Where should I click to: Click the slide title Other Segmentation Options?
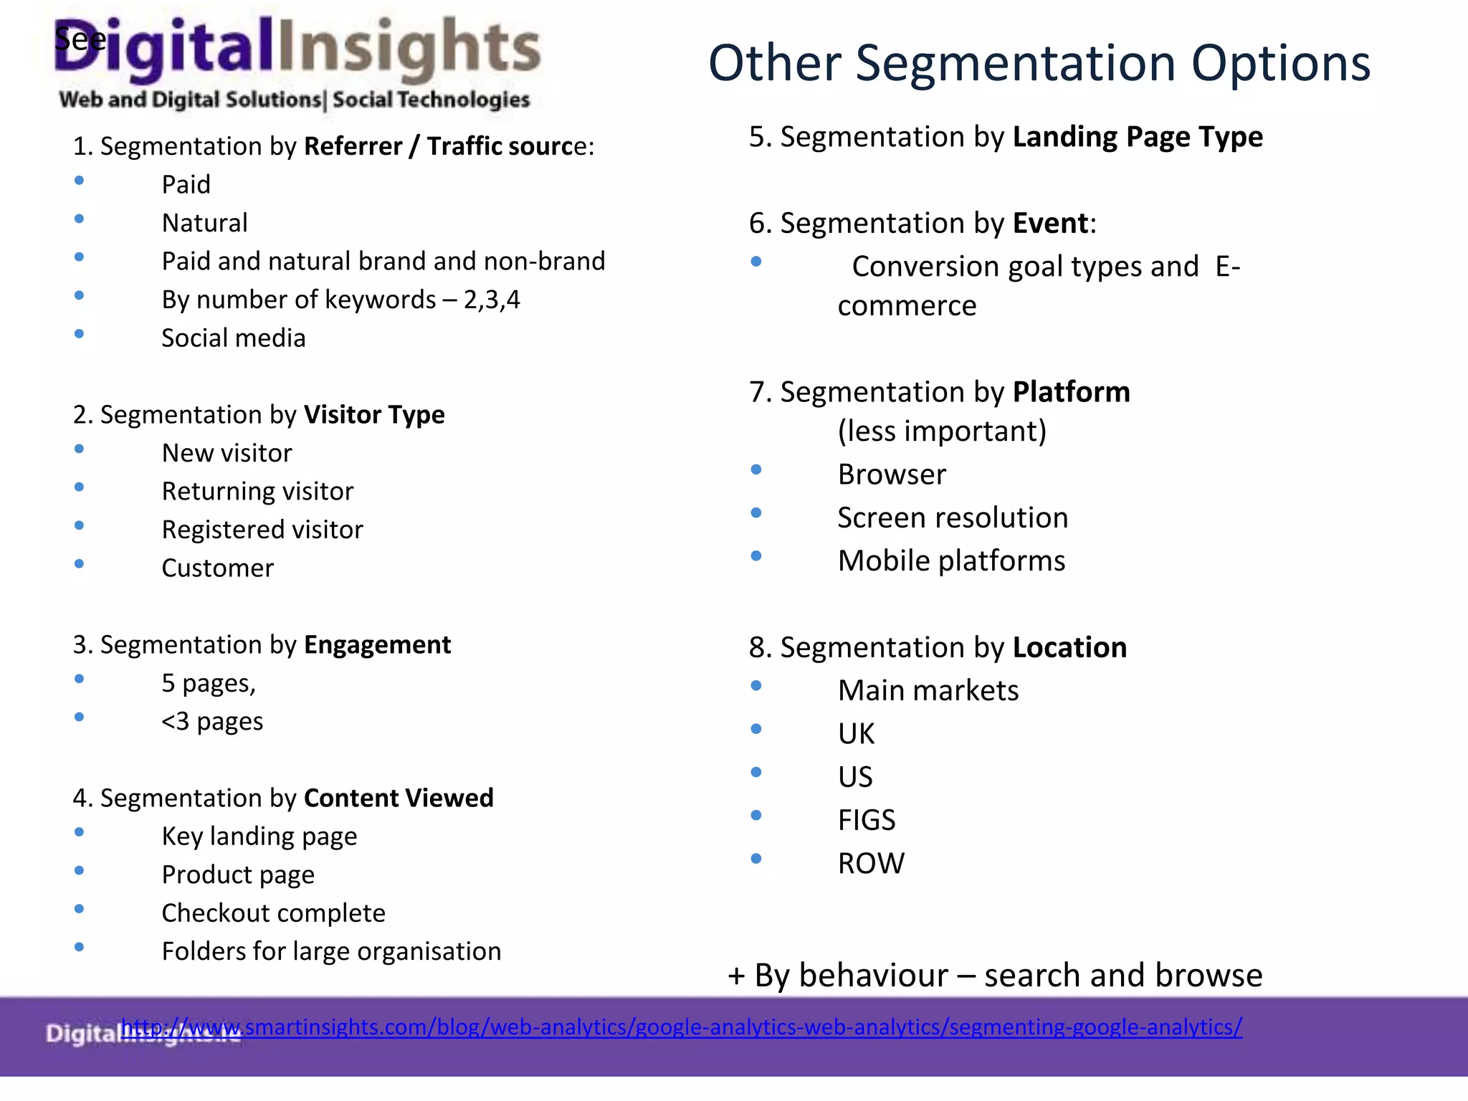(1039, 63)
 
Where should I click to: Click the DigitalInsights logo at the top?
(297, 61)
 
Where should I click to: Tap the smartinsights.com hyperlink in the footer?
(681, 1026)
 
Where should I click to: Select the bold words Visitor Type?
(373, 415)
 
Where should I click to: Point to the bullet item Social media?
(233, 338)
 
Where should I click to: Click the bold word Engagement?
(377, 645)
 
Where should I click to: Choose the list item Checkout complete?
(273, 913)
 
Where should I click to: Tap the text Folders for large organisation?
(331, 951)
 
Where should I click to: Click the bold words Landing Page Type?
(1137, 137)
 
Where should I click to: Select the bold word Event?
(1050, 224)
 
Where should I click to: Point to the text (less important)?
(942, 432)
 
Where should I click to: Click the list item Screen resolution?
(953, 518)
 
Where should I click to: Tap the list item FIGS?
(867, 820)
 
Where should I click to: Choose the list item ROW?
(871, 863)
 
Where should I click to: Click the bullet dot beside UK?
(756, 729)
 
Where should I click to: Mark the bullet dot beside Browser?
(756, 470)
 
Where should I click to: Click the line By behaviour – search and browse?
(995, 976)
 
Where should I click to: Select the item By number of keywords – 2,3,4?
(340, 300)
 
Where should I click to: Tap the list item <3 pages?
(212, 721)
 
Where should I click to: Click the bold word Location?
(1069, 648)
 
